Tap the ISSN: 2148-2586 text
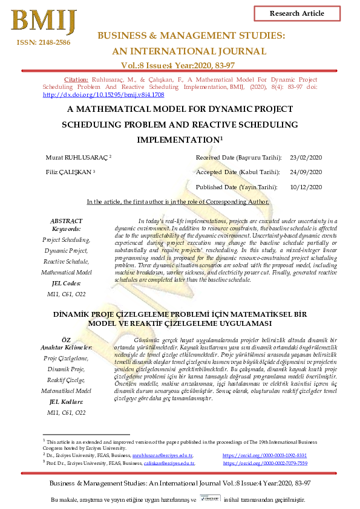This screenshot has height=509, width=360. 39,42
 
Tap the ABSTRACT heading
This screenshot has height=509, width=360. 67,221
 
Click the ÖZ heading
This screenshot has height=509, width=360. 67,340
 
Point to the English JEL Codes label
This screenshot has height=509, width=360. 67,282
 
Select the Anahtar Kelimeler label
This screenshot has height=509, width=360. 67,348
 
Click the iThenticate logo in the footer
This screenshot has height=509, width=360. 209,500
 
